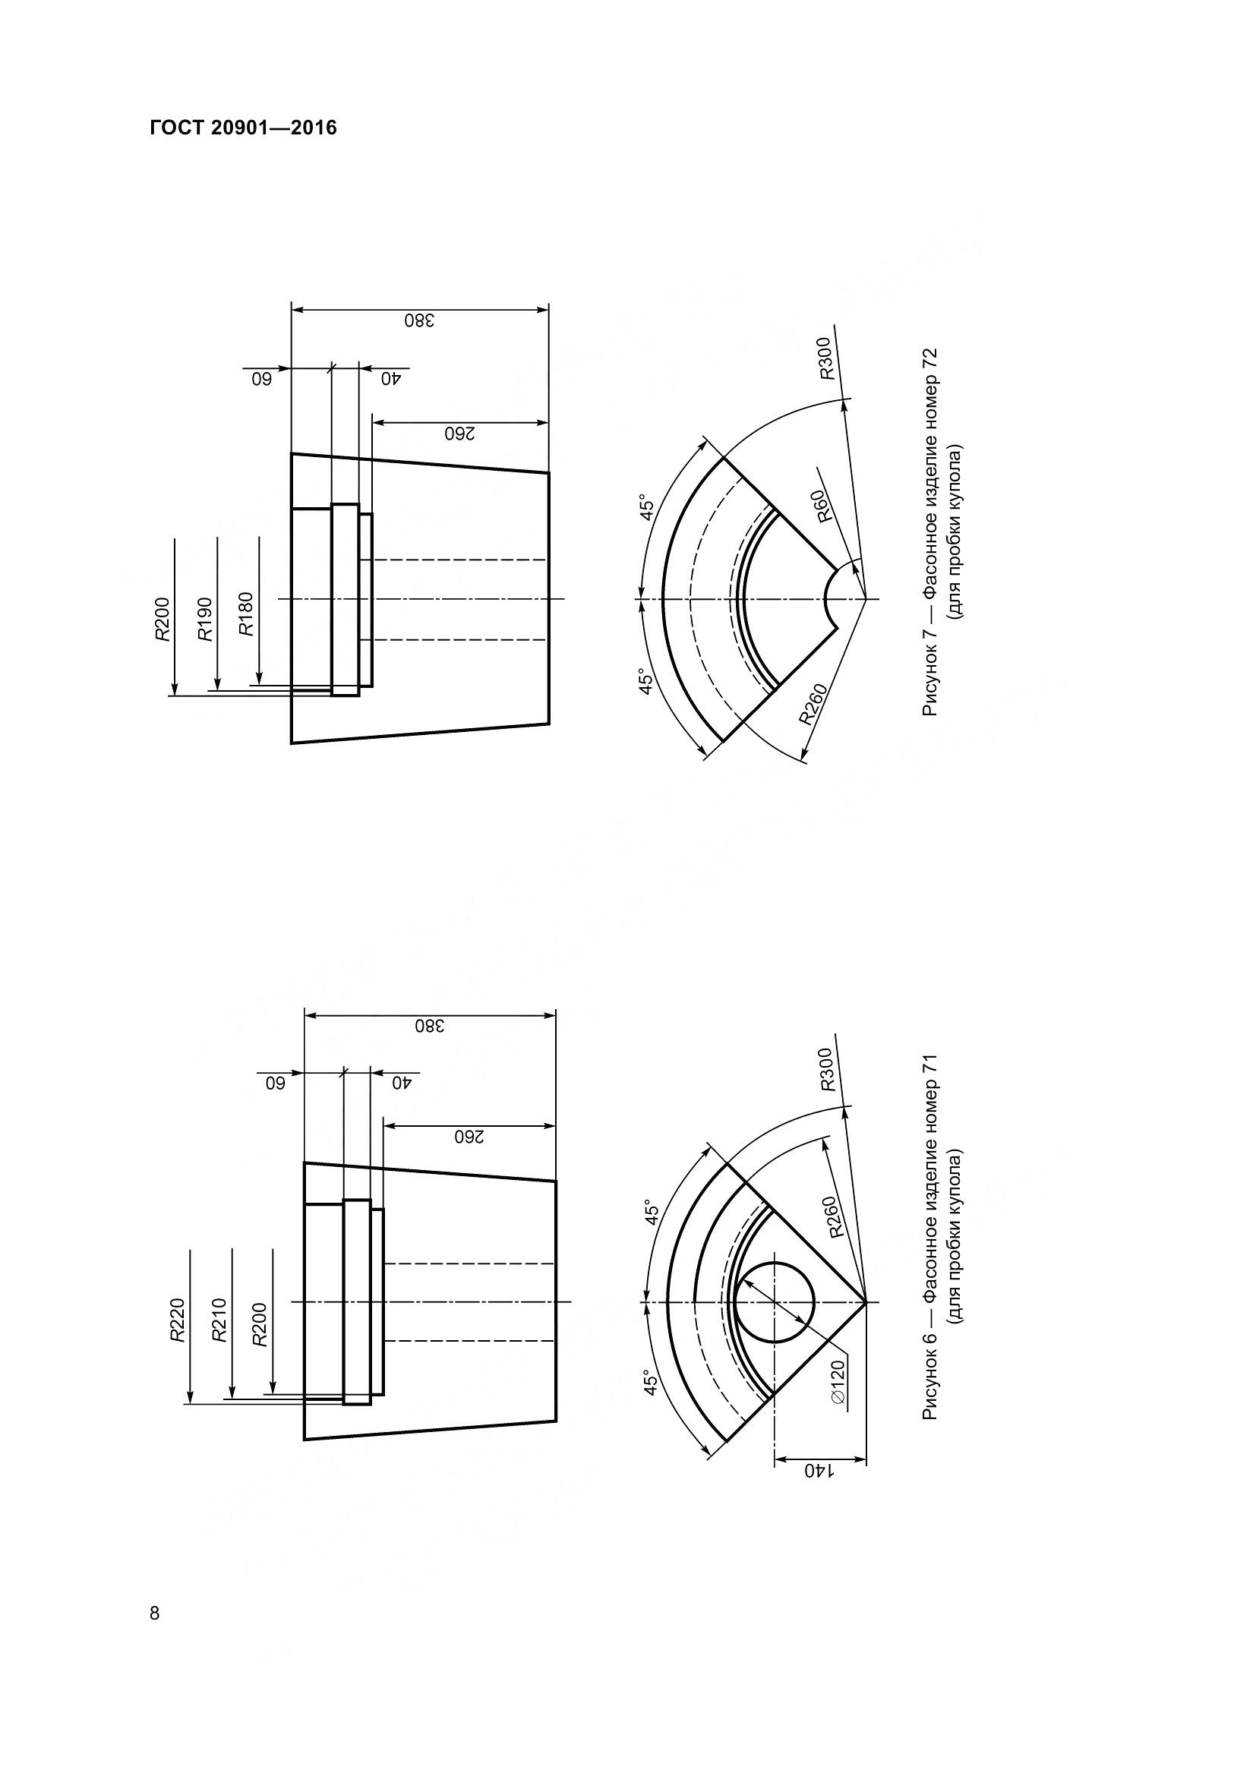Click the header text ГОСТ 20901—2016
pos(244,128)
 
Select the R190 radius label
pos(205,619)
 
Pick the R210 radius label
pos(219,1320)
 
